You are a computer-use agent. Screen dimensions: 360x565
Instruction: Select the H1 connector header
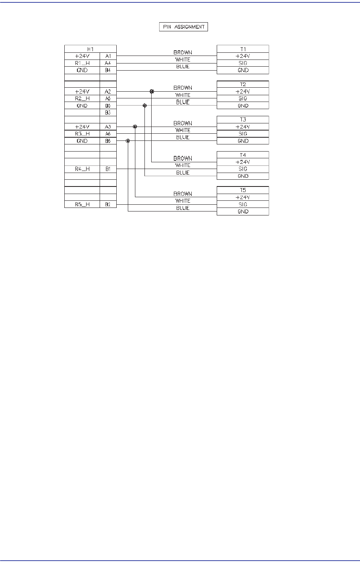tap(90, 49)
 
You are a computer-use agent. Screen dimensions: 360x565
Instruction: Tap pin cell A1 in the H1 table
tap(108, 56)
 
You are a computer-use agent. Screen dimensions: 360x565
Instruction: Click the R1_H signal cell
tap(82, 63)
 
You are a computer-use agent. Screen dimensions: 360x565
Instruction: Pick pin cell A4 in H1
tap(108, 63)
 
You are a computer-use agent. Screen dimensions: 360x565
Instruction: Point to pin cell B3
tap(108, 113)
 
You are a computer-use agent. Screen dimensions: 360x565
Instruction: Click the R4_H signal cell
tap(82, 169)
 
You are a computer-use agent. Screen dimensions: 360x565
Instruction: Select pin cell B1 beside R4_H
tap(108, 169)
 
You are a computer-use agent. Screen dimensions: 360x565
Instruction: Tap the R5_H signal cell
tap(82, 204)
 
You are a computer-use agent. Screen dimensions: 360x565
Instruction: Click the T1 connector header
tap(243, 49)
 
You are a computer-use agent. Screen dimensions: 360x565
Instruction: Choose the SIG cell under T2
tap(243, 98)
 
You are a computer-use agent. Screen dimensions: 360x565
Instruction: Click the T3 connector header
tap(243, 119)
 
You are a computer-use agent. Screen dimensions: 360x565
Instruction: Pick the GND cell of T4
tap(243, 176)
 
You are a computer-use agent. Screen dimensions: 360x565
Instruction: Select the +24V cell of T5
tap(243, 197)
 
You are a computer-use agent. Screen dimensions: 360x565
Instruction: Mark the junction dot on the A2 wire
tap(152, 91)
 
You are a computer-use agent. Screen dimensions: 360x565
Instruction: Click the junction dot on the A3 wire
tap(135, 127)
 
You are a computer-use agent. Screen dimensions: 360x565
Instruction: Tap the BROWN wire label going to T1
tap(183, 52)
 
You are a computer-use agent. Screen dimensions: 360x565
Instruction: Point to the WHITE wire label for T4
tap(183, 165)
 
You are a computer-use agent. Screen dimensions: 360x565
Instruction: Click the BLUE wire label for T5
tap(183, 208)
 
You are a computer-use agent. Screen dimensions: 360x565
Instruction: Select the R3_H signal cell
tap(82, 134)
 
